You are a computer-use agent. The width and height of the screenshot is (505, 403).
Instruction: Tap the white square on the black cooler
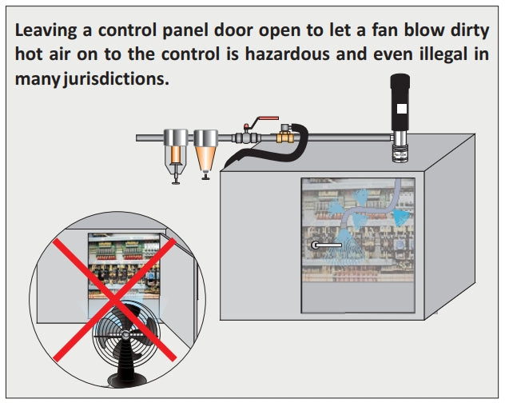pos(401,106)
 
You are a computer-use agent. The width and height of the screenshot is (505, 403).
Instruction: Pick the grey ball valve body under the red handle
pos(245,138)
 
